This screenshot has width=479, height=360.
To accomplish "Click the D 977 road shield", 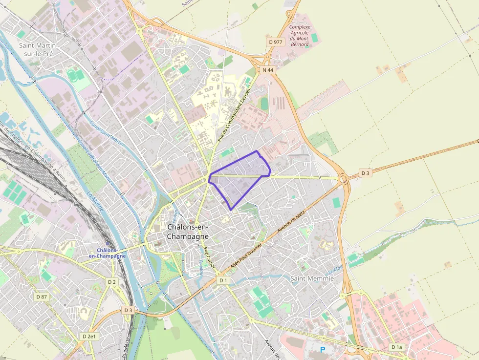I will pyautogui.click(x=276, y=42).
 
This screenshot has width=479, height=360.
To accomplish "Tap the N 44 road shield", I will pyautogui.click(x=268, y=70).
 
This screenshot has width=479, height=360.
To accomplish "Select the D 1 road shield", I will pyautogui.click(x=223, y=280).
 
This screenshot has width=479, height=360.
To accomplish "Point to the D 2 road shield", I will pyautogui.click(x=112, y=282).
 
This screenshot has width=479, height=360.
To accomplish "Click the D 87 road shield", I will pyautogui.click(x=42, y=296).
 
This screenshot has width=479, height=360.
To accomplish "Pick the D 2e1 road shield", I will pyautogui.click(x=90, y=337).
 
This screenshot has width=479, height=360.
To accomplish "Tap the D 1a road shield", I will pyautogui.click(x=396, y=347).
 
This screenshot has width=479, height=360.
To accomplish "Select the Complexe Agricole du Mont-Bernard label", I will pyautogui.click(x=299, y=36).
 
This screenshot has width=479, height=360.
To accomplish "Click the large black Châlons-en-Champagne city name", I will pyautogui.click(x=188, y=232).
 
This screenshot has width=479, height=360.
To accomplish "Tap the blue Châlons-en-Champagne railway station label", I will pyautogui.click(x=107, y=253).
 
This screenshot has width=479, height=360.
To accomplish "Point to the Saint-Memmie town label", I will pyautogui.click(x=312, y=278).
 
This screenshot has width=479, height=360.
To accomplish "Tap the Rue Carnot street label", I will pyautogui.click(x=209, y=257).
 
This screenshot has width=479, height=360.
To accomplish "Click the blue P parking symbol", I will pyautogui.click(x=322, y=350).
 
